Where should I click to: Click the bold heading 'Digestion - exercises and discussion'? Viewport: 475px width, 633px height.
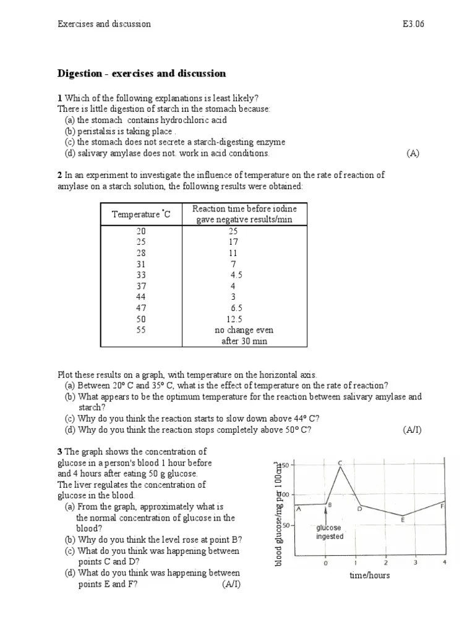[x=142, y=74]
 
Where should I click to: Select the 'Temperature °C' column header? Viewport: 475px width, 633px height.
[x=141, y=214]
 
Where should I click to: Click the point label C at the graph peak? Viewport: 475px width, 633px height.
[x=340, y=462]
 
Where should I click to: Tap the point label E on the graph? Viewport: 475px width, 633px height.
[x=403, y=520]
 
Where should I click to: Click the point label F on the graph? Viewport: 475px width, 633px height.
[x=442, y=506]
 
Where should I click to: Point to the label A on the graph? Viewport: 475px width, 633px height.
[x=299, y=509]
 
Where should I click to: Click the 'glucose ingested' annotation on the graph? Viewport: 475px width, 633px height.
[x=329, y=532]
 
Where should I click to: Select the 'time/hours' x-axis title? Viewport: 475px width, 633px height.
[x=369, y=576]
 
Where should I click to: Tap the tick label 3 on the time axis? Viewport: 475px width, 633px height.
[x=415, y=563]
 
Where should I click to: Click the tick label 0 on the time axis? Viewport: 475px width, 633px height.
[x=325, y=563]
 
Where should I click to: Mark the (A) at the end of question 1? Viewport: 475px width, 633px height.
[x=413, y=153]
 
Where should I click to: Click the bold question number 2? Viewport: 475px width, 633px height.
[x=60, y=176]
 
